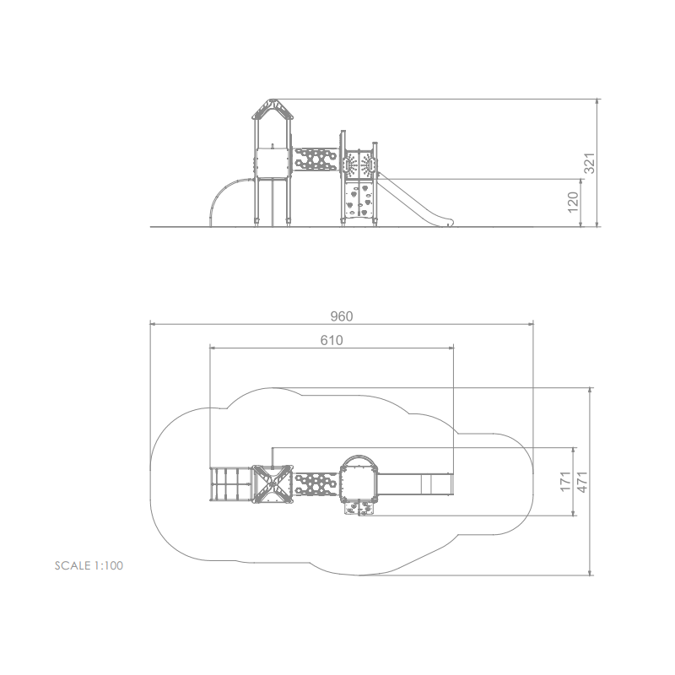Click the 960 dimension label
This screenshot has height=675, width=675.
click(342, 316)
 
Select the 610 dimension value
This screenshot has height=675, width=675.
click(332, 341)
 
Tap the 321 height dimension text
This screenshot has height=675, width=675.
click(589, 163)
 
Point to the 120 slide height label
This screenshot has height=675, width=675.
click(573, 202)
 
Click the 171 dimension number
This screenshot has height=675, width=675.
click(565, 481)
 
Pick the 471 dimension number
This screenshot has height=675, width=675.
click(582, 482)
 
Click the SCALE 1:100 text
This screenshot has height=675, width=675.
click(89, 565)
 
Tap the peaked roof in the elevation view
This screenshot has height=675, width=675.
click(272, 109)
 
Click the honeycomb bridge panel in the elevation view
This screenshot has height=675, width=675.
click(316, 159)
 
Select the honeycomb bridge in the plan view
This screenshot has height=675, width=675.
click(316, 484)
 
